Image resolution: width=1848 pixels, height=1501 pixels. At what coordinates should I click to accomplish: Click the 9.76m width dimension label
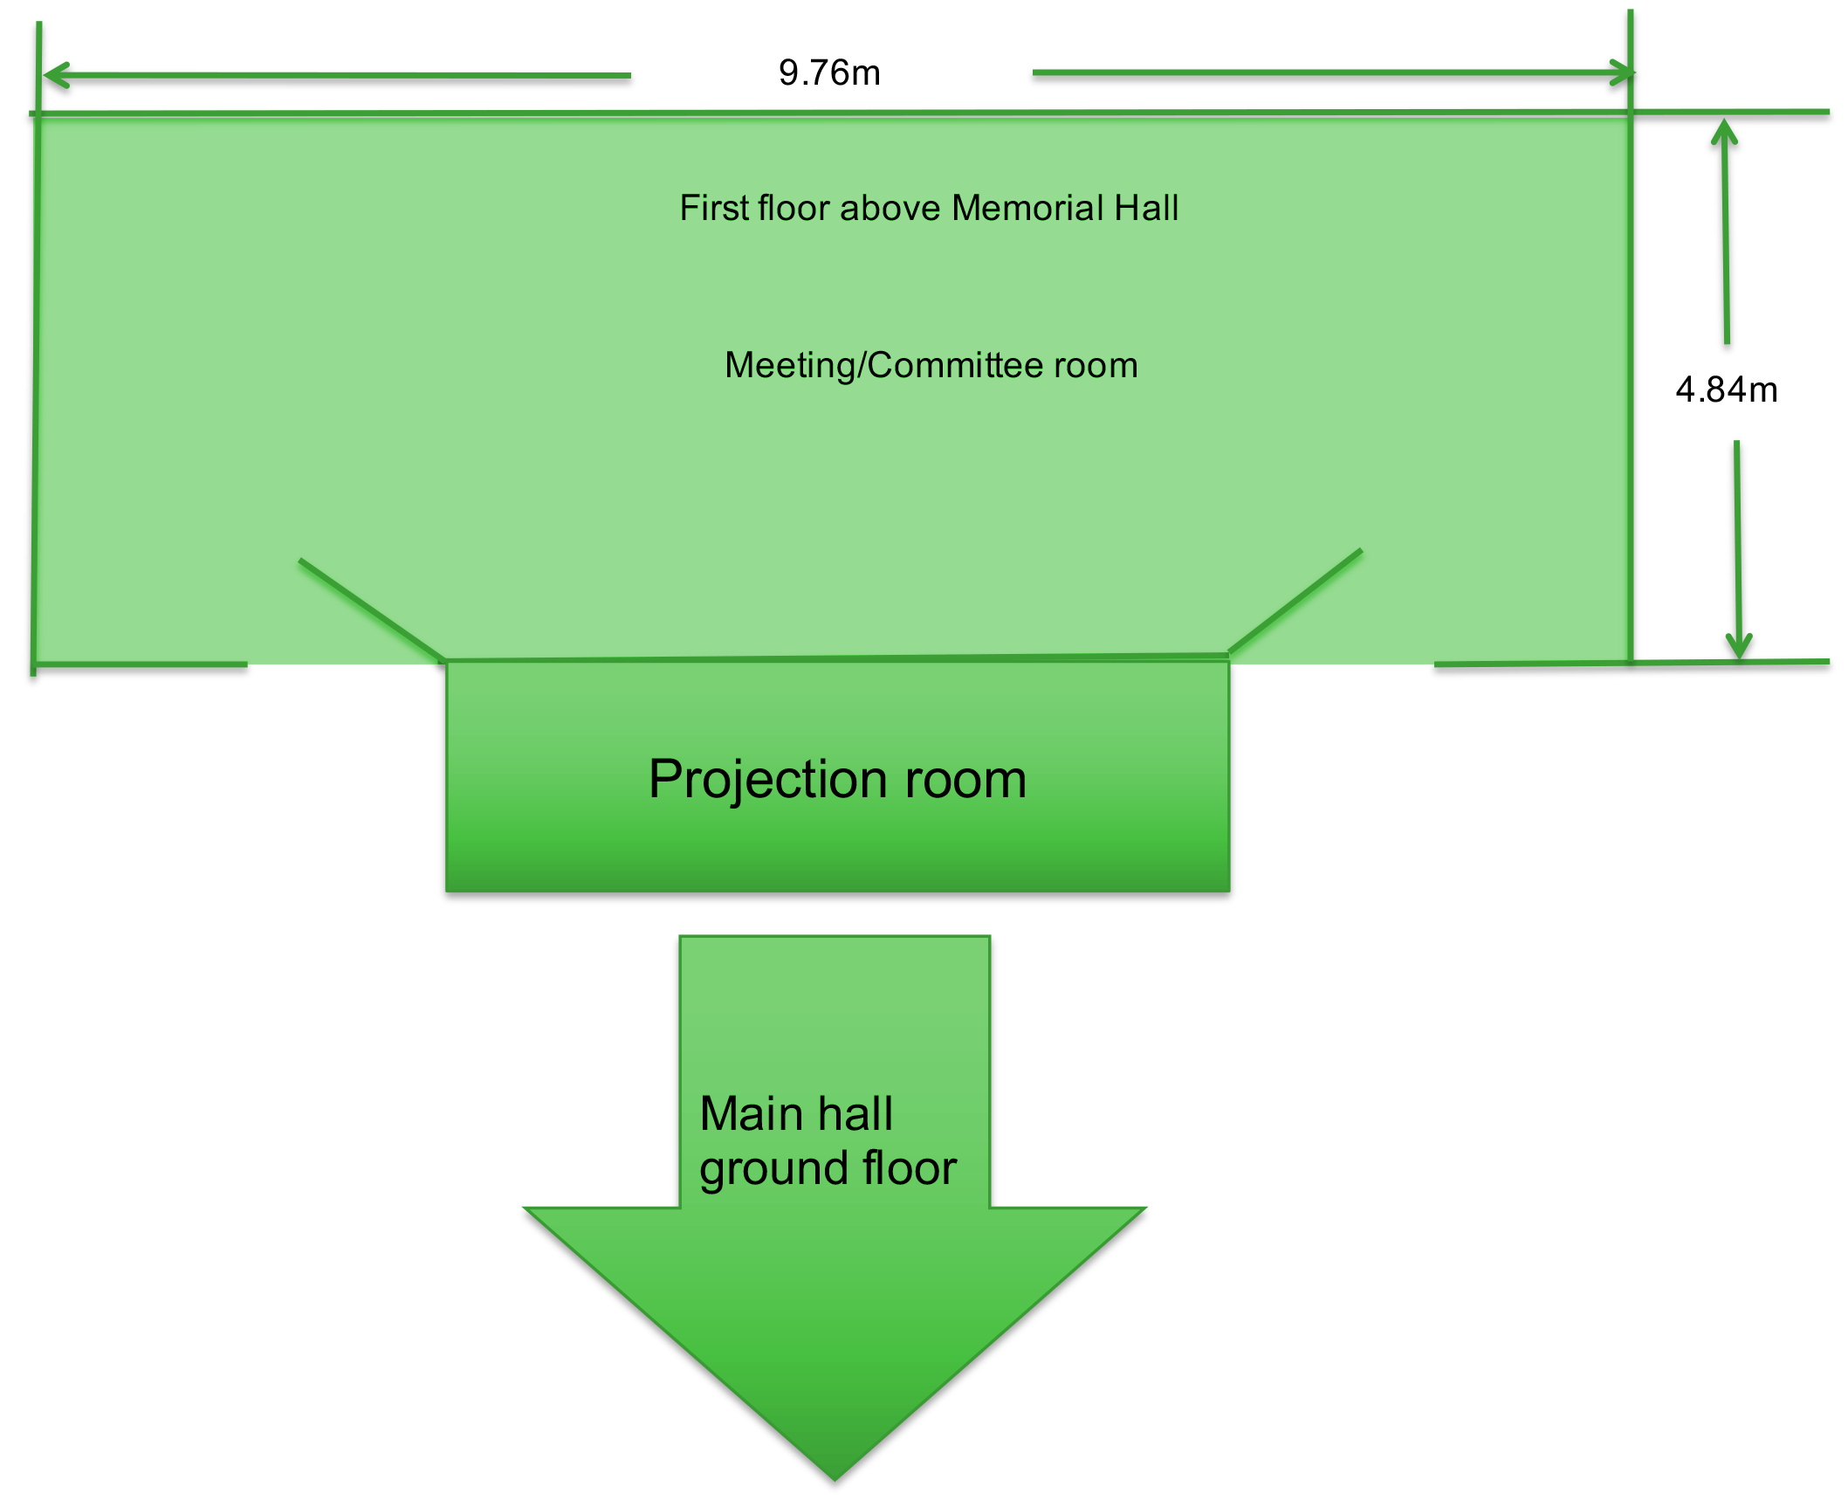[x=829, y=72]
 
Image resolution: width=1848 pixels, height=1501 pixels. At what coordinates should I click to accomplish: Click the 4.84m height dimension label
[x=1726, y=389]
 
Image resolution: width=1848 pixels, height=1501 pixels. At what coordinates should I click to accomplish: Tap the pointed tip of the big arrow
[x=835, y=1479]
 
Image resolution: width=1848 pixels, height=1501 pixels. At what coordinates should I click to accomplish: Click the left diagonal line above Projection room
[x=372, y=609]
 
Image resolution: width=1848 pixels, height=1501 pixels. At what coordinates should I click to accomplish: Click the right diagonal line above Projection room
[x=1295, y=601]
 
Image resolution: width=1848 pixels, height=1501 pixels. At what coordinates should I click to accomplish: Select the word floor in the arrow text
[x=910, y=1168]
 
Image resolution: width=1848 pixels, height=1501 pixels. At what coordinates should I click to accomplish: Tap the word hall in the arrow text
[x=855, y=1114]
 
